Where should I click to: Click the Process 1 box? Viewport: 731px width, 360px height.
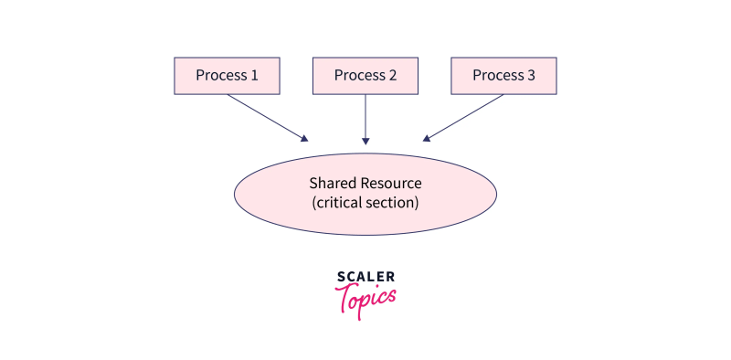tap(227, 76)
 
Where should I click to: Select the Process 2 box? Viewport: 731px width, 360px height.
tap(365, 76)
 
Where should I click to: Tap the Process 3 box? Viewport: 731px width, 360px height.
tap(503, 76)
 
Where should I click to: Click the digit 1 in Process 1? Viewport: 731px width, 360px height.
tap(254, 76)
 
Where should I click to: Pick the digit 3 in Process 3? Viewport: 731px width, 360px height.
tap(531, 76)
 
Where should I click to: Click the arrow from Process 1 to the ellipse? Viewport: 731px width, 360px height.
tap(266, 117)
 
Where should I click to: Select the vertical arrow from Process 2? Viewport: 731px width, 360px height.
tap(365, 117)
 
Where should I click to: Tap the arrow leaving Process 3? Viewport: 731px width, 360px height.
tap(464, 117)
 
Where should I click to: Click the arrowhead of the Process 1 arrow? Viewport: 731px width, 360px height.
tap(304, 139)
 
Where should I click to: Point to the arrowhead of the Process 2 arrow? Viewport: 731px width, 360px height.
tap(365, 142)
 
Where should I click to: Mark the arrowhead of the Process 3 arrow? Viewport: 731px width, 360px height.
tap(426, 139)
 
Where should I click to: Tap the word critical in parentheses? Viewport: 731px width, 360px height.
tap(340, 203)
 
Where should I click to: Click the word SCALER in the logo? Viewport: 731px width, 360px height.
tap(365, 277)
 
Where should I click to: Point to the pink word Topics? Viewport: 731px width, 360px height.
tap(365, 298)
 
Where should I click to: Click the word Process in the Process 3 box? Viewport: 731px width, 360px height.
tap(497, 76)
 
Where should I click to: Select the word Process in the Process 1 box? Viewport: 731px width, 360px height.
tap(221, 76)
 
